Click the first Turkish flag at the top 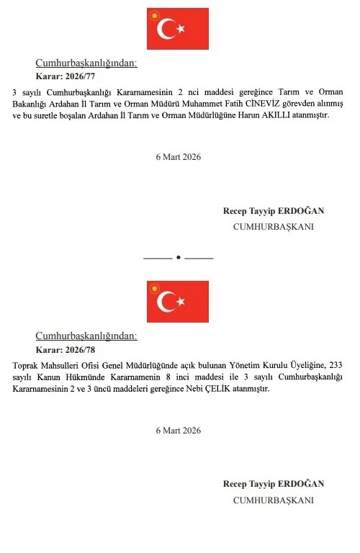[x=178, y=28]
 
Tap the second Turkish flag [x=178, y=301]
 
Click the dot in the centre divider [x=178, y=257]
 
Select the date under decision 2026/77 [x=178, y=157]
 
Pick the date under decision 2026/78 [x=178, y=430]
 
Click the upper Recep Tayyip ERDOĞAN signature [x=274, y=211]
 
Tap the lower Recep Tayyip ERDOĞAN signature [x=274, y=484]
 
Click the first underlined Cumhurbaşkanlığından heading [x=86, y=63]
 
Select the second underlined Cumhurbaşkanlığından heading [x=86, y=336]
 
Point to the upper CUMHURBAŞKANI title [x=274, y=226]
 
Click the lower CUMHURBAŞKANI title [x=274, y=499]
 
